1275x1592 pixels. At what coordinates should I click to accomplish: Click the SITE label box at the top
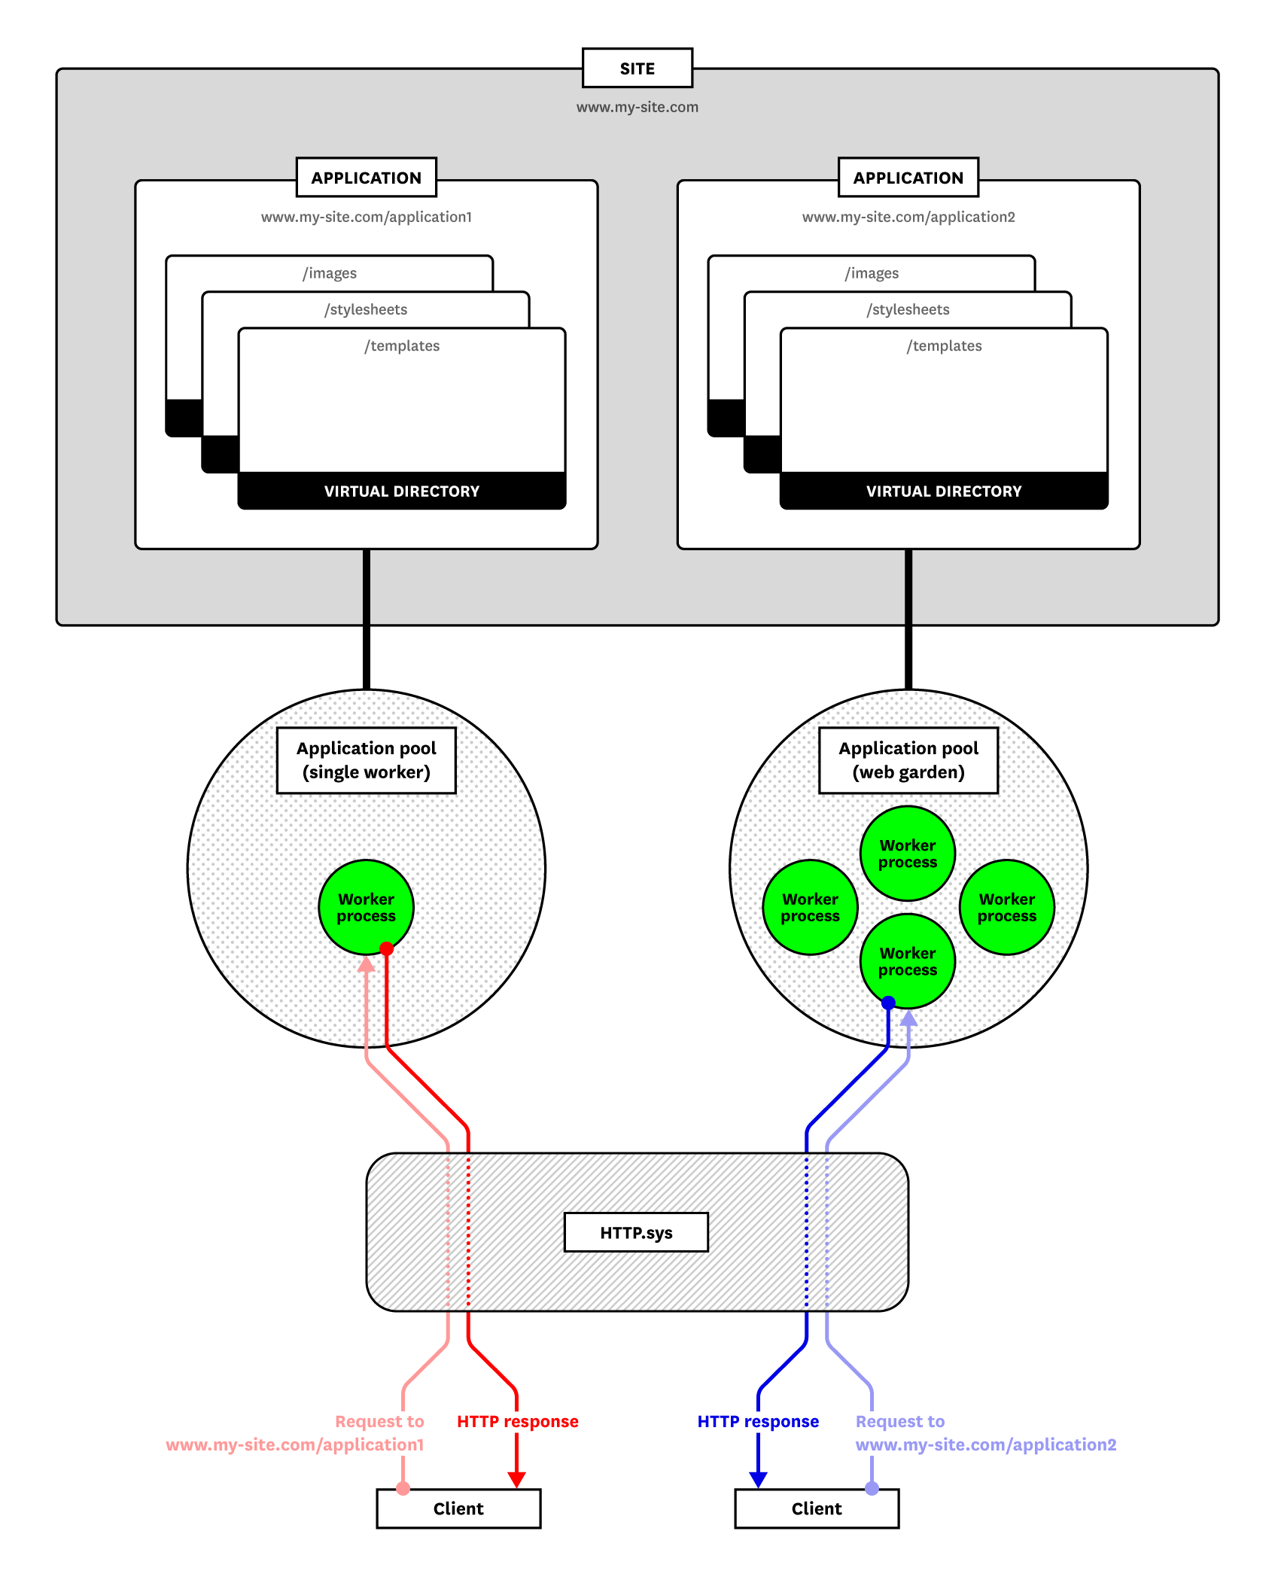tap(637, 68)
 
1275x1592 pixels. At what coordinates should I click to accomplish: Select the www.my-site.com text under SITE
tap(637, 107)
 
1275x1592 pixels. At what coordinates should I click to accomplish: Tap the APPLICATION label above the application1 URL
tap(366, 178)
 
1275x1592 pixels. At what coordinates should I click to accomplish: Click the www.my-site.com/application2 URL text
tap(908, 217)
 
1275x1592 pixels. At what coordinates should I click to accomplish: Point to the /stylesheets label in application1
tap(366, 309)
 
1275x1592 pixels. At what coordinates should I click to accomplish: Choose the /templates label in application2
tap(944, 345)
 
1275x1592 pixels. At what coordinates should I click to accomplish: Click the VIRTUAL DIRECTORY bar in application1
tap(401, 491)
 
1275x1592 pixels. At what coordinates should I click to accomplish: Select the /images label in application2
tap(872, 273)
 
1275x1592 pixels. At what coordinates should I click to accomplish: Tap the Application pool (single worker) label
tap(366, 759)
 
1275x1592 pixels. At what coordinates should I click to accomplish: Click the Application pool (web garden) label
tap(908, 759)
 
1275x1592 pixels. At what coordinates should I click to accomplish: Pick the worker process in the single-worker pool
tap(366, 906)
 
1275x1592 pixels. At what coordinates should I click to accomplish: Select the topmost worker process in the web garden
tap(907, 853)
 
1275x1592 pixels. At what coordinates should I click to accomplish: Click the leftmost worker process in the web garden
tap(810, 906)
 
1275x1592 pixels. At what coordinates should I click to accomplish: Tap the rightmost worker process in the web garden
tap(1006, 906)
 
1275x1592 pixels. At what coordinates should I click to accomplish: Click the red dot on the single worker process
tap(386, 948)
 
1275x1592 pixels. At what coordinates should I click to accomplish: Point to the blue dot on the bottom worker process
tap(888, 1003)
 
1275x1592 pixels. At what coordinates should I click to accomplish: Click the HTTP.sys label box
tap(636, 1232)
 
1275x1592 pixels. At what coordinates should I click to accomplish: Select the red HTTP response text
tap(517, 1421)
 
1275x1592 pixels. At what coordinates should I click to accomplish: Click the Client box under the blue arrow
tap(816, 1508)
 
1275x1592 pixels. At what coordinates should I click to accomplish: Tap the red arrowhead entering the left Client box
tap(516, 1479)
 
